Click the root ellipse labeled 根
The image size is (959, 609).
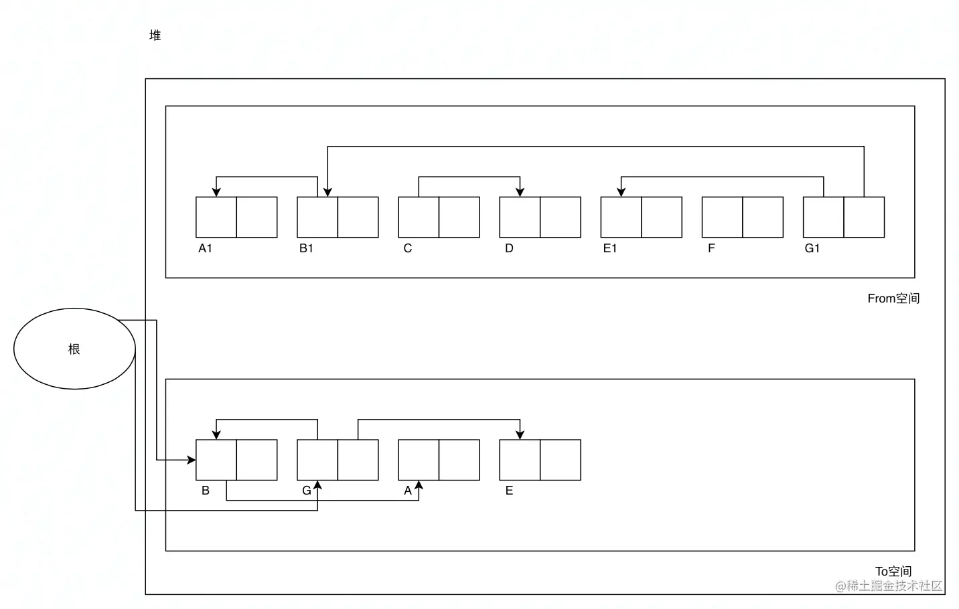[x=74, y=349]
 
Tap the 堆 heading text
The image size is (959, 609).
[x=155, y=35]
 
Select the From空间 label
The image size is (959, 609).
[x=893, y=298]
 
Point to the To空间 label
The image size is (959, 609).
[x=893, y=572]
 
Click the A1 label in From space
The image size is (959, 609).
[x=205, y=248]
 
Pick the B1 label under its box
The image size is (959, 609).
[x=306, y=248]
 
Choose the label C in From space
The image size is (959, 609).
[x=407, y=248]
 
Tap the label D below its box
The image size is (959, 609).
[x=509, y=248]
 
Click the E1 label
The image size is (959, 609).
[x=609, y=248]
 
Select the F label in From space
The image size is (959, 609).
[x=711, y=248]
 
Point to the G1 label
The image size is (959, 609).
[x=812, y=248]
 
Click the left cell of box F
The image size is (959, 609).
[x=722, y=217]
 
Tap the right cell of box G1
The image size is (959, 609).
[x=864, y=217]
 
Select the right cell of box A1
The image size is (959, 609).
[x=256, y=217]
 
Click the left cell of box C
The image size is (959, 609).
[x=419, y=217]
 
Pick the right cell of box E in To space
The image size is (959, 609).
[x=560, y=460]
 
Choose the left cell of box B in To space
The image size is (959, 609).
[x=216, y=460]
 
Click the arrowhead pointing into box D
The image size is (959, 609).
[x=520, y=192]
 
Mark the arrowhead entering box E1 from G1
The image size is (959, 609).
[x=621, y=192]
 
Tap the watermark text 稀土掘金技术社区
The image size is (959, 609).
[x=895, y=586]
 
